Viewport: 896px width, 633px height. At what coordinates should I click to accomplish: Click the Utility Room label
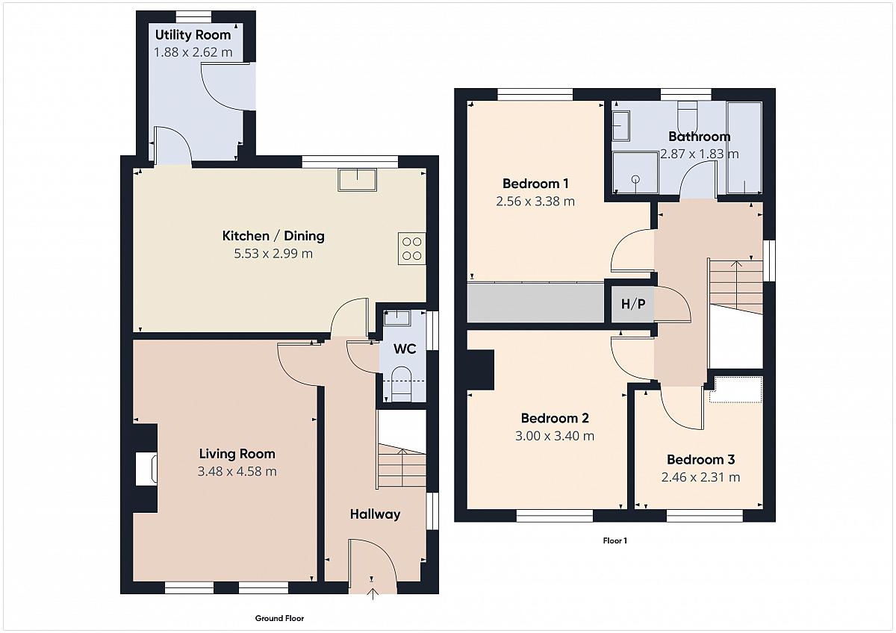(x=193, y=35)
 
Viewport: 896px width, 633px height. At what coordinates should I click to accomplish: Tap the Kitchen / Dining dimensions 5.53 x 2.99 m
(x=273, y=254)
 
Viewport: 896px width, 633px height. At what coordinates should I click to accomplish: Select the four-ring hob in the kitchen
(x=411, y=249)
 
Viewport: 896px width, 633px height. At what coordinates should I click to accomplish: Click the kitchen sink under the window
(x=357, y=180)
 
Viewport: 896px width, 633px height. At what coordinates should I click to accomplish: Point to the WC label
(x=405, y=349)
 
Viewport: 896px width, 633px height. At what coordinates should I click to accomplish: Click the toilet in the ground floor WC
(x=401, y=384)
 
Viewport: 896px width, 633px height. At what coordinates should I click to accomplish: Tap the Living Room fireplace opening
(x=146, y=469)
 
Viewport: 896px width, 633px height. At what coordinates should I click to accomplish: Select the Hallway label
(x=375, y=514)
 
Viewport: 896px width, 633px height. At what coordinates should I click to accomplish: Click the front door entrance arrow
(x=373, y=594)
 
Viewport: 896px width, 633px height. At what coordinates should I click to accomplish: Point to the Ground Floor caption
(x=279, y=618)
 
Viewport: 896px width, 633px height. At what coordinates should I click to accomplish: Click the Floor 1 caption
(x=615, y=540)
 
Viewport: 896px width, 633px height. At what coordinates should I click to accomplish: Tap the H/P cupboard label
(x=633, y=304)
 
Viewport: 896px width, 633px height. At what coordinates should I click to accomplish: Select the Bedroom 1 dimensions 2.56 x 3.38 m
(x=535, y=201)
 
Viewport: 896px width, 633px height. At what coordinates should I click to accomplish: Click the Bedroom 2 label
(x=555, y=418)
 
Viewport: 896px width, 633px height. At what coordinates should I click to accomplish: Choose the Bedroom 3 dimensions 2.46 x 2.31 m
(x=701, y=477)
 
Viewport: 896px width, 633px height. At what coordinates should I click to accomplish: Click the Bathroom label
(x=700, y=137)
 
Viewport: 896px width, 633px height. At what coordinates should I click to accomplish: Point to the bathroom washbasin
(x=621, y=125)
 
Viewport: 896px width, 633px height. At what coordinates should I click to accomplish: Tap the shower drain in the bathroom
(x=635, y=180)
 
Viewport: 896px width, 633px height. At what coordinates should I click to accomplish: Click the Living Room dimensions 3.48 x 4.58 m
(x=237, y=472)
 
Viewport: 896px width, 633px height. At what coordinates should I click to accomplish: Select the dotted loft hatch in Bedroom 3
(x=736, y=390)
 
